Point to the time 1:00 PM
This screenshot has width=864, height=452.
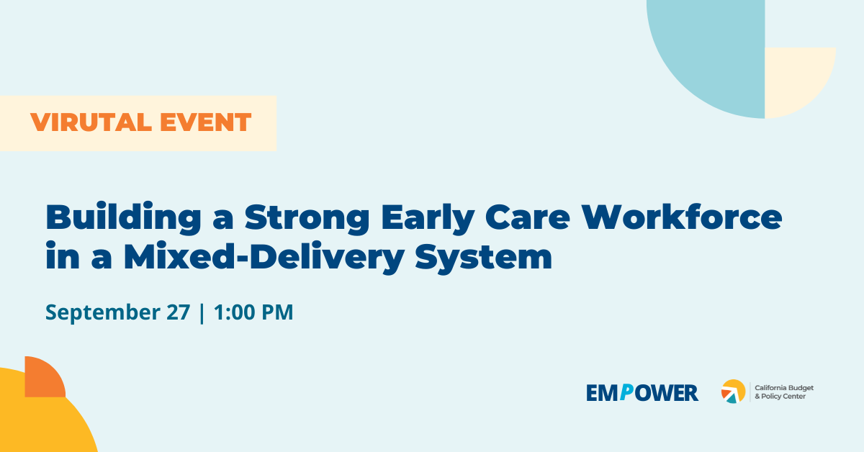coord(253,313)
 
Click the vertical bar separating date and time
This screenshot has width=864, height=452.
coord(202,313)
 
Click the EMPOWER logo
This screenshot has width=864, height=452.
coord(642,393)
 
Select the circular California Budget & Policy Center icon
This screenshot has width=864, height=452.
coord(733,392)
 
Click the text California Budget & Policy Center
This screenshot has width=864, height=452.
coord(783,392)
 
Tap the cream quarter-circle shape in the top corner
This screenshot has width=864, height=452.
coord(796,79)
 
